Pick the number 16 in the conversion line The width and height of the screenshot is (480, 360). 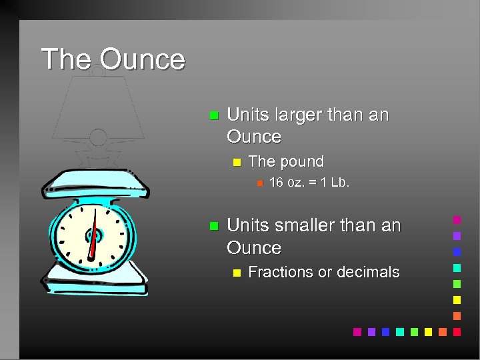[276, 183]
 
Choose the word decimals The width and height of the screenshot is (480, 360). [368, 272]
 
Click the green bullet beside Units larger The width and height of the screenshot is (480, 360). [213, 115]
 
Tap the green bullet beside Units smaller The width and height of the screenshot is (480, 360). [213, 226]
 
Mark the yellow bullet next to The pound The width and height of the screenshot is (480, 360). [235, 162]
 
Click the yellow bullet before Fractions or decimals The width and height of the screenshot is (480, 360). [235, 273]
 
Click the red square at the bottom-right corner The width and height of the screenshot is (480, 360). [457, 331]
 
